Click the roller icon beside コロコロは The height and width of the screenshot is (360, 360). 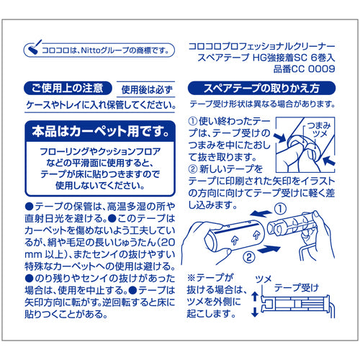[x=34, y=48]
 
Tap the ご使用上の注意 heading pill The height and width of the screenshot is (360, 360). [x=68, y=89]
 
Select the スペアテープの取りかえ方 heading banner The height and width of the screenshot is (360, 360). [x=261, y=88]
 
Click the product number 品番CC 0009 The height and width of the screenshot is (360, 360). [x=305, y=69]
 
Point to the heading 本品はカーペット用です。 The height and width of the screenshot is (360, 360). [x=101, y=131]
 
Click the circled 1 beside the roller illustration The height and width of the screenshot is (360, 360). [x=280, y=209]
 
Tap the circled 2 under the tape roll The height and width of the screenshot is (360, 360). [x=249, y=257]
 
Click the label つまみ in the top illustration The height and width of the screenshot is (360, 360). [x=319, y=125]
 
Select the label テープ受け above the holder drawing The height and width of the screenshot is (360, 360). [x=297, y=287]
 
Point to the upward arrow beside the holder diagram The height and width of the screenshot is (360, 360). [x=255, y=297]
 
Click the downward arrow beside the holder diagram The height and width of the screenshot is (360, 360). [x=255, y=312]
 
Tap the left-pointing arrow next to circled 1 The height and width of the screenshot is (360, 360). [x=261, y=213]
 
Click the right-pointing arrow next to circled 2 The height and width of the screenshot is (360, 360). [x=269, y=250]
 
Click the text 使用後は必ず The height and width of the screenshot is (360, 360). [x=147, y=90]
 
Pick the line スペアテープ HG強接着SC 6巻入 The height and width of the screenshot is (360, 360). [x=266, y=58]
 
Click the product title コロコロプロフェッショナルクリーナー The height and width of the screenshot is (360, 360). [x=262, y=46]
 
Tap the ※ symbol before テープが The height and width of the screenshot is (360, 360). [x=192, y=278]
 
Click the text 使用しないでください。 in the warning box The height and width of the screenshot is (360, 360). [x=100, y=186]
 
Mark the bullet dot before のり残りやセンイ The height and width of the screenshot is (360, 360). [x=29, y=279]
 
